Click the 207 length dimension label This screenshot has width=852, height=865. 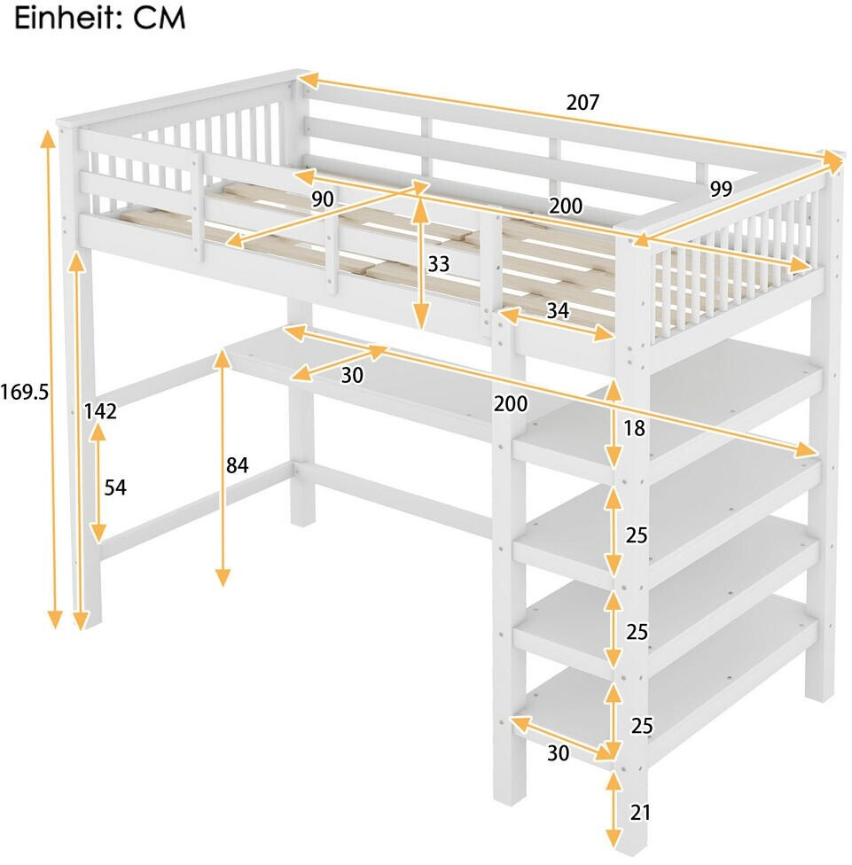point(582,102)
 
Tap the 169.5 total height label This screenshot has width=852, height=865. point(24,393)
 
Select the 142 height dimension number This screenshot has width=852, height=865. point(100,411)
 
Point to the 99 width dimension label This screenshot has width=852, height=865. point(721,189)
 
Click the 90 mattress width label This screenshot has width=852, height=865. point(323,199)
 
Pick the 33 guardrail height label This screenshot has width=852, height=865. point(439,264)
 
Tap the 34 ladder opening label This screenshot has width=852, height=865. point(558,311)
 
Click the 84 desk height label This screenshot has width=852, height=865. point(238,465)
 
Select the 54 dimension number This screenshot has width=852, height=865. point(115,487)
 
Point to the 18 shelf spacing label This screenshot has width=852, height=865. point(634,428)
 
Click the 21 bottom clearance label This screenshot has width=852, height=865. point(640,813)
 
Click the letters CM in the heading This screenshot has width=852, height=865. point(159,19)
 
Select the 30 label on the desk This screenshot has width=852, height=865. point(352,375)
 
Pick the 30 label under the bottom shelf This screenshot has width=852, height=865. point(558,752)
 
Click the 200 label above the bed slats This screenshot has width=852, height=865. point(566,206)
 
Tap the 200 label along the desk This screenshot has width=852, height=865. point(511,404)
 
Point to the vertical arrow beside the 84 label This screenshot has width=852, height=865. point(223,468)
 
